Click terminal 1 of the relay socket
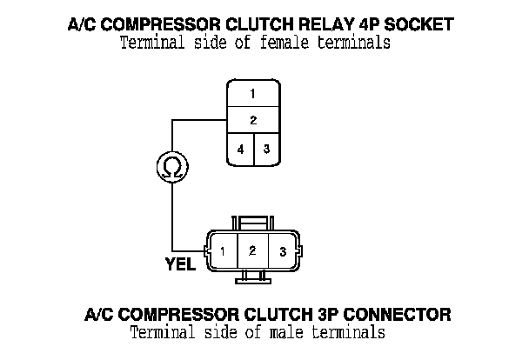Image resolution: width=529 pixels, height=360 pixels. click(252, 93)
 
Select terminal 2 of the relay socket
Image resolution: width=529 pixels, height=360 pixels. click(252, 120)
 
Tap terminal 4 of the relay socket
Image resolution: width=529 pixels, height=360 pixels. click(240, 149)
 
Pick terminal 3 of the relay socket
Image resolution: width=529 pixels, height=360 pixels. click(266, 149)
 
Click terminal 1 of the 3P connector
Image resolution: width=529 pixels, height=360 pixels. click(224, 252)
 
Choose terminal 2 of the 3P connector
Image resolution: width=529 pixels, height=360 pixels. click(252, 251)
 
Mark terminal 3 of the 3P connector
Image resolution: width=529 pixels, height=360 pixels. click(282, 252)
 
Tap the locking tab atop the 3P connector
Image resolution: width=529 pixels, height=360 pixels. click(252, 223)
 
